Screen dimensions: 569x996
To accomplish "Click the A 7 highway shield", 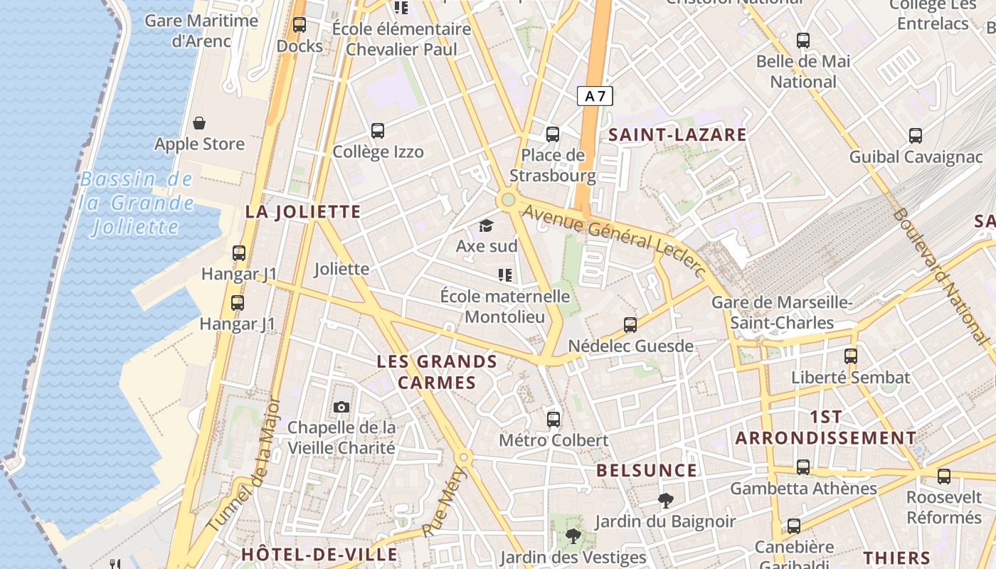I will pyautogui.click(x=595, y=96).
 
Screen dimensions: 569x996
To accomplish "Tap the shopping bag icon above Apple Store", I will pyautogui.click(x=199, y=123).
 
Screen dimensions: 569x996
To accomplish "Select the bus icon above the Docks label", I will pyautogui.click(x=300, y=25).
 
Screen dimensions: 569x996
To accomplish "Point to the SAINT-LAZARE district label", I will pyautogui.click(x=677, y=134).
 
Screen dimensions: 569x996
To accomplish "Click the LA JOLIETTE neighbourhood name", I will pyautogui.click(x=303, y=211).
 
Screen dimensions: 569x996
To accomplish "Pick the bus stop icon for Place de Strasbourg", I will pyautogui.click(x=553, y=134).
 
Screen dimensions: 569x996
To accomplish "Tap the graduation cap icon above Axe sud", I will pyautogui.click(x=486, y=226).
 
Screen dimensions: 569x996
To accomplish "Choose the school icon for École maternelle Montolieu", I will pyautogui.click(x=505, y=275).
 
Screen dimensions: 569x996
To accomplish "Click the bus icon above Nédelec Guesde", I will pyautogui.click(x=630, y=325).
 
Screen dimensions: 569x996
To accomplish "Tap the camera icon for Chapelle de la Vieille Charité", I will pyautogui.click(x=341, y=407).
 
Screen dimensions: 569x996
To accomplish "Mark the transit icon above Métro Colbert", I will pyautogui.click(x=553, y=419).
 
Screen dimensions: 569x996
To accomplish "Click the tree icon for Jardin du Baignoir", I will pyautogui.click(x=665, y=500).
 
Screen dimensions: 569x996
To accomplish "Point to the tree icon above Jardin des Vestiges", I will pyautogui.click(x=573, y=536).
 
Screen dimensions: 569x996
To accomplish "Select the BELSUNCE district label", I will pyautogui.click(x=647, y=470).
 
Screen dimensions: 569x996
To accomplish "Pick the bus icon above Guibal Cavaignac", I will pyautogui.click(x=916, y=135).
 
